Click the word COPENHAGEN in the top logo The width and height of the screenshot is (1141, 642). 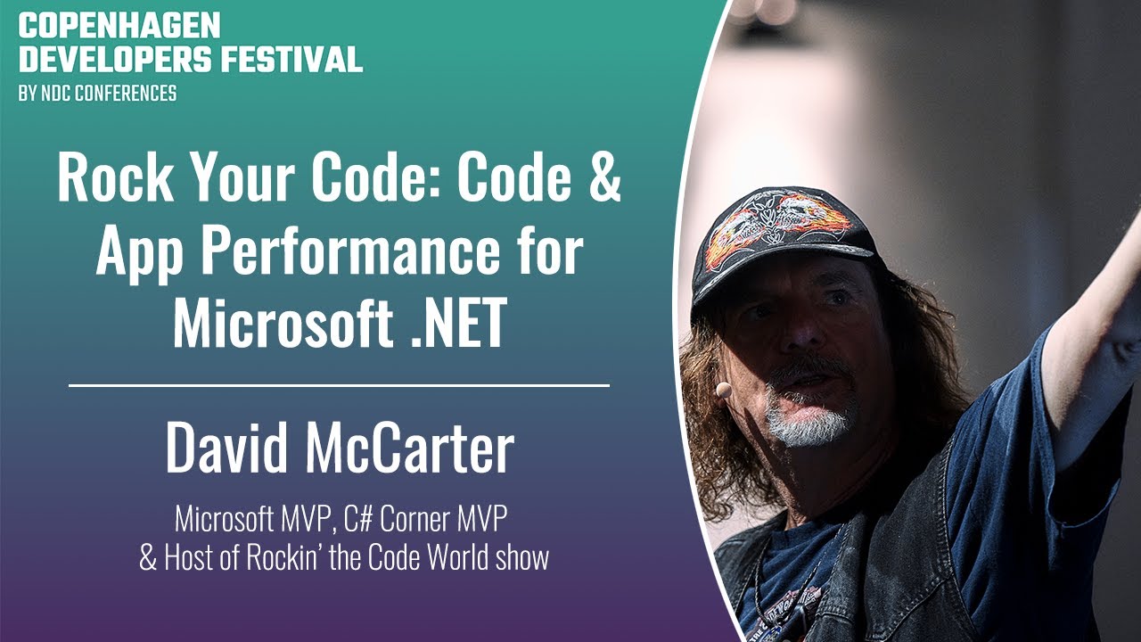pyautogui.click(x=119, y=26)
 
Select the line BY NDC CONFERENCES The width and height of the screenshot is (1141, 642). pyautogui.click(x=98, y=94)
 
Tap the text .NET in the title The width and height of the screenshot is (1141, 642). pyautogui.click(x=458, y=322)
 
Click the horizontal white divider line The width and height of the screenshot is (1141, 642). pyautogui.click(x=340, y=386)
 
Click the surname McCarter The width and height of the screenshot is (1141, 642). pyautogui.click(x=409, y=447)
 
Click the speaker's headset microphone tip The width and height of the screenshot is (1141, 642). pyautogui.click(x=723, y=391)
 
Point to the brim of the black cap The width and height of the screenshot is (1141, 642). pyautogui.click(x=779, y=270)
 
